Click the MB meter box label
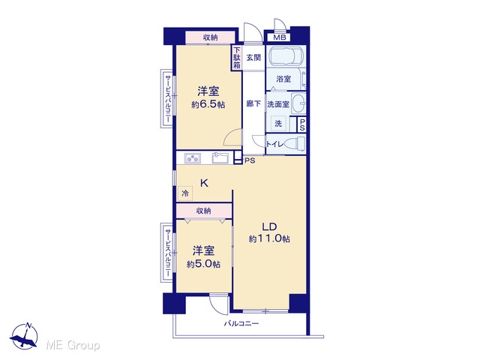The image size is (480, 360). [280, 37]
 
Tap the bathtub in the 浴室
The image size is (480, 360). [286, 57]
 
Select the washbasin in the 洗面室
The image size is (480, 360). [298, 103]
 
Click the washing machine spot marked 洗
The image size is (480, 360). [278, 123]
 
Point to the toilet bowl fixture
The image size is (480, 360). [295, 143]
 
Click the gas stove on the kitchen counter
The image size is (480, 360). [193, 158]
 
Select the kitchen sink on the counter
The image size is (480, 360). [220, 158]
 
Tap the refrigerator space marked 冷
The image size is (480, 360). [185, 193]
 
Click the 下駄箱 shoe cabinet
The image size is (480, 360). [237, 58]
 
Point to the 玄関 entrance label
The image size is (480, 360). [253, 58]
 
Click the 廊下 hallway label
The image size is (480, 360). [253, 103]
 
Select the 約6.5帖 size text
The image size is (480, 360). [208, 105]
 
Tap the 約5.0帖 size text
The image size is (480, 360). [203, 264]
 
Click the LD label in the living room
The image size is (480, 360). [269, 226]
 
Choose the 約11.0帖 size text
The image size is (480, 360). [269, 238]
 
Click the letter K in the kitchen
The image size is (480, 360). [204, 183]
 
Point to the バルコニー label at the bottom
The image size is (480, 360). [241, 323]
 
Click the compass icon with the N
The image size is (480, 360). [25, 336]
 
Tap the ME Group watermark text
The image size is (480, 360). [73, 345]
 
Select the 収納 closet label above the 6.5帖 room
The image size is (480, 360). [211, 37]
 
